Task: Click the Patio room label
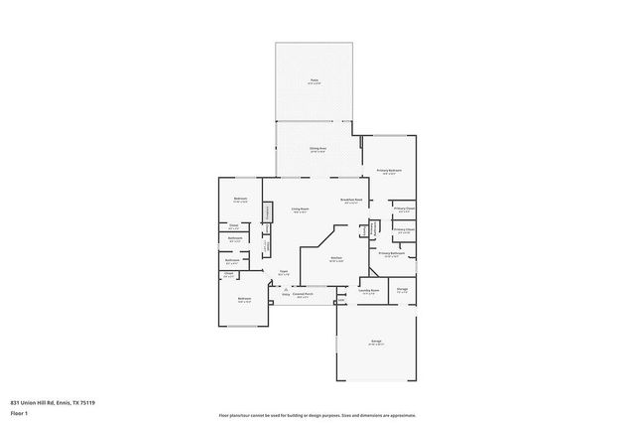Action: (314, 80)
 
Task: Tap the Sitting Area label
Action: (317, 147)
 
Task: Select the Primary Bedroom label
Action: (388, 171)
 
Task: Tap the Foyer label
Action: (283, 270)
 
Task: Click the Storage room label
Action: (403, 291)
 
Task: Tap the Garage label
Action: (377, 342)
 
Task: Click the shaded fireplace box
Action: (267, 212)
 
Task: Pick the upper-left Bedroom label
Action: (240, 200)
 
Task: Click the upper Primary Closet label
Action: (404, 210)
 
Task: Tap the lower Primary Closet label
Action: (403, 230)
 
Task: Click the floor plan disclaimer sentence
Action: (317, 413)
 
